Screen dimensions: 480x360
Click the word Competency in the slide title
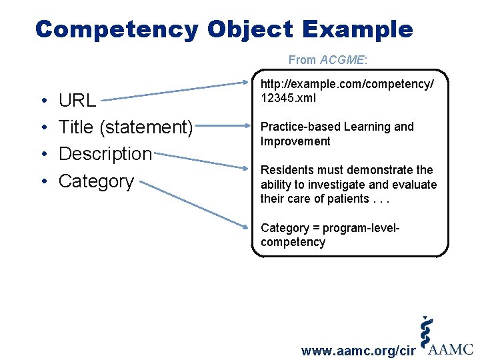tap(117, 29)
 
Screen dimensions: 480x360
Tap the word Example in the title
tap(357, 29)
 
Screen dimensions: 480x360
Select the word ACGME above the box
tap(341, 60)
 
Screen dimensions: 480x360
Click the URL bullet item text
tap(77, 101)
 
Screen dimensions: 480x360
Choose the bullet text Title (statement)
tap(126, 127)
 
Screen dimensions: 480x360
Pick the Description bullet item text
tap(105, 153)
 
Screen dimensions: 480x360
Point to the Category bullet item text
tap(97, 181)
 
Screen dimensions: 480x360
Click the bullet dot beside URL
tap(42, 101)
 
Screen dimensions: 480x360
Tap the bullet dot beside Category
tap(42, 181)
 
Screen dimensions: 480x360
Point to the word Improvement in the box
tap(295, 141)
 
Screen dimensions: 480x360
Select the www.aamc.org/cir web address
tap(359, 351)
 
